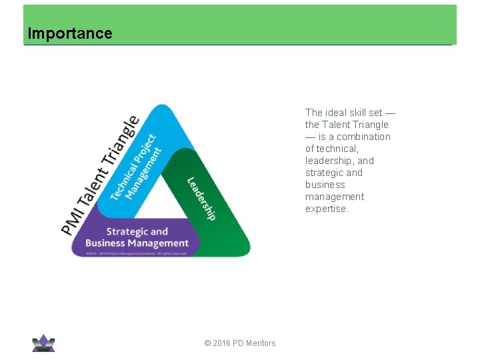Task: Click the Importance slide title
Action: [70, 33]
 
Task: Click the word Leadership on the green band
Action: [201, 198]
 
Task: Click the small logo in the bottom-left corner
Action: [43, 343]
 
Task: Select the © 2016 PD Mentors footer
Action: [240, 343]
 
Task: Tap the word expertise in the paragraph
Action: [326, 209]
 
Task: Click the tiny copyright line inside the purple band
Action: [137, 253]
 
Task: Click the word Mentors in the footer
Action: [261, 343]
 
